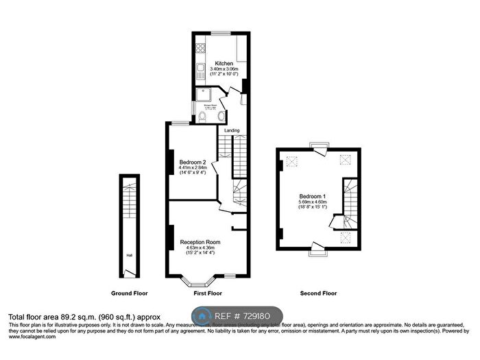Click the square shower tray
(x=202, y=95)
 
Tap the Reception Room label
(x=200, y=242)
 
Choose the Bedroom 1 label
(x=313, y=196)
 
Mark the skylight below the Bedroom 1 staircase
(x=345, y=237)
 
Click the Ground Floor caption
(x=130, y=293)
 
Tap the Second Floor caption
(x=318, y=293)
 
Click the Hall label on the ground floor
(x=128, y=256)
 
